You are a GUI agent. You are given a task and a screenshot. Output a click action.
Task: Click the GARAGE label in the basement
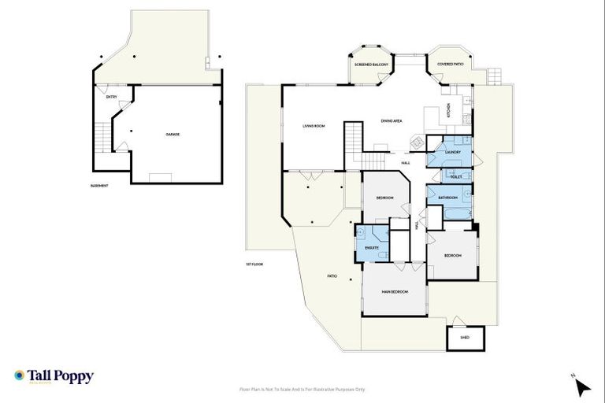coord(172,135)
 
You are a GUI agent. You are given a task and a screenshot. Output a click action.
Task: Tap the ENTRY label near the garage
coord(111,97)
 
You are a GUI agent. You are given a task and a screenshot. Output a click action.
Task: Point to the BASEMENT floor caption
coord(98,186)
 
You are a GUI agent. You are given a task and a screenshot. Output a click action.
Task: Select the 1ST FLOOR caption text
coord(253,264)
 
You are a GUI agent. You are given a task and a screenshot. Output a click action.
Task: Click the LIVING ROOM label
coord(314,126)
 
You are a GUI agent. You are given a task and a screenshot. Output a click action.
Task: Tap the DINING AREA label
coord(392,121)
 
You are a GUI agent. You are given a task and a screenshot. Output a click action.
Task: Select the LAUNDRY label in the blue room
coord(452,151)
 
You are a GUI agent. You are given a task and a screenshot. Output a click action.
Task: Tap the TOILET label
coord(455,177)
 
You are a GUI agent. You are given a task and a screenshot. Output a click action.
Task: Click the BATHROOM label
coord(448,198)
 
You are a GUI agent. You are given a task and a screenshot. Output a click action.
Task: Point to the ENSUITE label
coord(372,249)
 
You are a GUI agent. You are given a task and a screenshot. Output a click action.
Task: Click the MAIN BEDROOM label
coord(395,292)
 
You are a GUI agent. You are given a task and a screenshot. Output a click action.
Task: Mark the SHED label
coord(466,338)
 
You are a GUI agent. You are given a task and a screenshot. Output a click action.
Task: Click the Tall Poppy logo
coord(54,376)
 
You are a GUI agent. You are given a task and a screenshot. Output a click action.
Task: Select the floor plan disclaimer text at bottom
coord(302,389)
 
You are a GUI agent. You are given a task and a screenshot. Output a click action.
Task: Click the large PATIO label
coord(332,276)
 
